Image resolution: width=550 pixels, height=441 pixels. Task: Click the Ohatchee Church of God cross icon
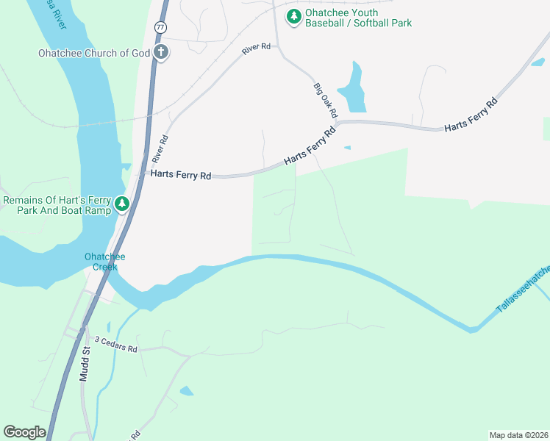(161, 52)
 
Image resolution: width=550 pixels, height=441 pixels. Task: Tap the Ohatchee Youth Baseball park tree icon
(294, 16)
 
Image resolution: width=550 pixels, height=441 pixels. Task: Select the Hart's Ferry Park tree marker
(122, 204)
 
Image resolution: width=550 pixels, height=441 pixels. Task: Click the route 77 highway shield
(160, 26)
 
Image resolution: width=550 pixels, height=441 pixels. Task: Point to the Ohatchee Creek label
(104, 262)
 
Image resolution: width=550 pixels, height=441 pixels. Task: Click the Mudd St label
(84, 365)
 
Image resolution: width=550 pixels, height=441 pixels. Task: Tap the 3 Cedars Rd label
(115, 348)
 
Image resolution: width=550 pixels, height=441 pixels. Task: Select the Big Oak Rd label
(325, 101)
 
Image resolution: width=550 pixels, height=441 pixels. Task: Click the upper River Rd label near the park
(256, 49)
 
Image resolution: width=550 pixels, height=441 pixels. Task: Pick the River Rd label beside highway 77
(160, 148)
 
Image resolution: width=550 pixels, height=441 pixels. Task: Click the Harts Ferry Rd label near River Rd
(181, 175)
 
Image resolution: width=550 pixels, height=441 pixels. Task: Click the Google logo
(24, 432)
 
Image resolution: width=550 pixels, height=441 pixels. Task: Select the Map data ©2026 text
(518, 434)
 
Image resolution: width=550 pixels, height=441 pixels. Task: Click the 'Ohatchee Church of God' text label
(94, 53)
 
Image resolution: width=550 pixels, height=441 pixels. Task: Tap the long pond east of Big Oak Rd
(355, 88)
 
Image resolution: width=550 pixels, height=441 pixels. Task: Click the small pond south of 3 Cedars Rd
(187, 391)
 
